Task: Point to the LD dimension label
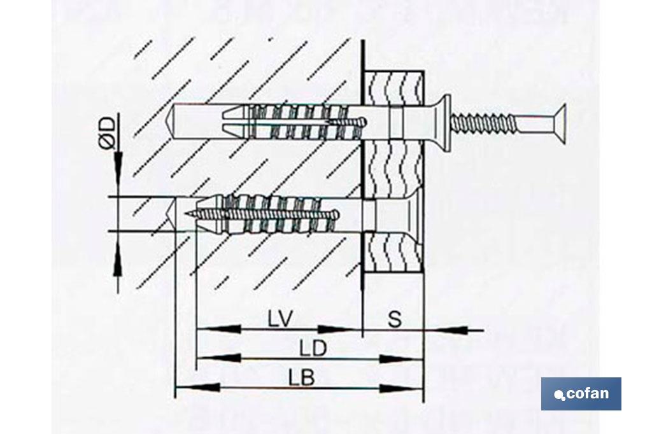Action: pos(313,348)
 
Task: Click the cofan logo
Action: pos(581,394)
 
